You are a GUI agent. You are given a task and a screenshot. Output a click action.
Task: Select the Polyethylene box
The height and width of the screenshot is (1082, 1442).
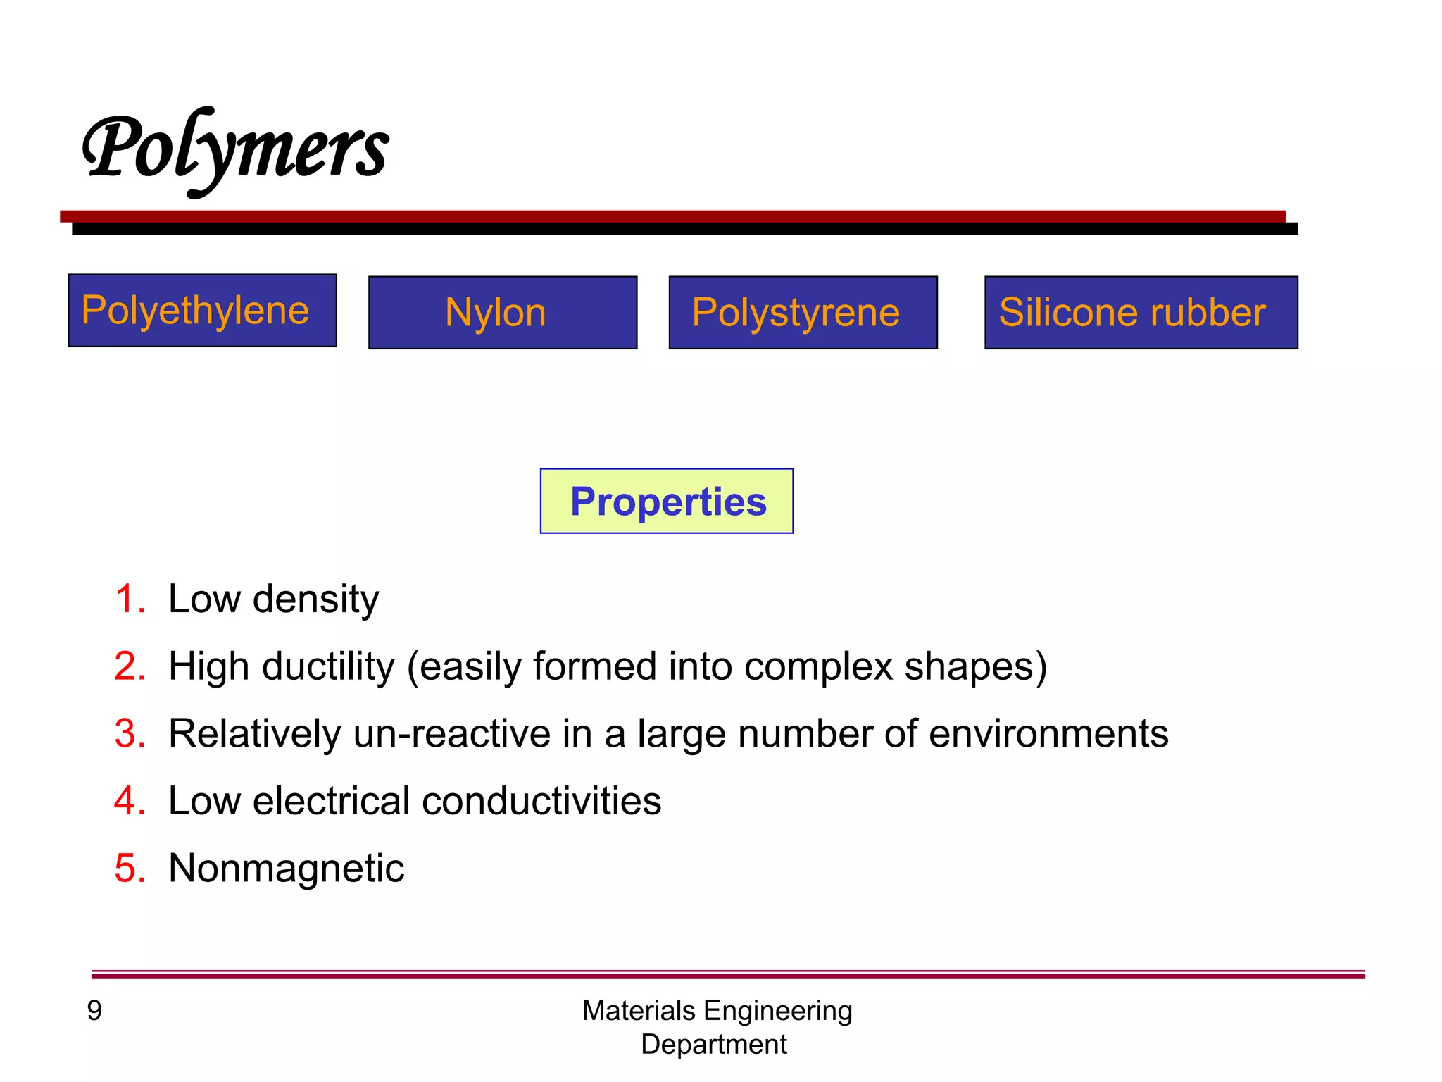click(x=202, y=311)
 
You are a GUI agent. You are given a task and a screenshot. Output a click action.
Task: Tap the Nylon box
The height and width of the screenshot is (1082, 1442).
click(x=502, y=313)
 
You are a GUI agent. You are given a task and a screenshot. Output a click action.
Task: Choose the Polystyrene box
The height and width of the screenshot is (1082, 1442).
click(x=803, y=313)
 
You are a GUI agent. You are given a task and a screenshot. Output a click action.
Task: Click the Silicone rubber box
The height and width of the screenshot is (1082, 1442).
click(x=1140, y=313)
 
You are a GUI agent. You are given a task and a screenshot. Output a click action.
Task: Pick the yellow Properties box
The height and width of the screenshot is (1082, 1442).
click(x=666, y=502)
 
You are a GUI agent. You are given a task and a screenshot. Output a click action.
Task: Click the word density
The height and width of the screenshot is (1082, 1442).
click(x=315, y=599)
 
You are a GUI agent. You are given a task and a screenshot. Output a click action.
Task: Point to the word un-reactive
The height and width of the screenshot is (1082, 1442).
click(x=451, y=734)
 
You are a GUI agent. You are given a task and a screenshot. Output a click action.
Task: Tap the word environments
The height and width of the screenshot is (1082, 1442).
click(x=1048, y=734)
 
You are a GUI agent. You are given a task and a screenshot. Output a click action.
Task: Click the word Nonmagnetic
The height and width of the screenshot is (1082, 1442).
click(x=286, y=869)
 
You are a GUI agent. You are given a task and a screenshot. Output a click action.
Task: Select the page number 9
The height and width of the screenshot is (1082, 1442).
click(x=94, y=1011)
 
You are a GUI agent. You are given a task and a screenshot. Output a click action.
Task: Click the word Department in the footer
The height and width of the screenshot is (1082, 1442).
click(x=713, y=1044)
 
